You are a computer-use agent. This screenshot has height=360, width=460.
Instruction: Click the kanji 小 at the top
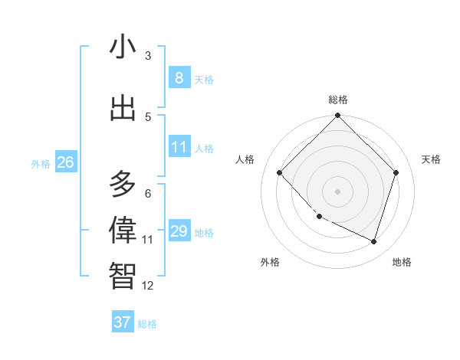123,47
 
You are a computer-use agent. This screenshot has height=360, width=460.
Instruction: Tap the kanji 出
123,108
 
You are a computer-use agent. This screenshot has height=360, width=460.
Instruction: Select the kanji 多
123,185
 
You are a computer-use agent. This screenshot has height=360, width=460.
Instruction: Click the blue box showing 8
179,78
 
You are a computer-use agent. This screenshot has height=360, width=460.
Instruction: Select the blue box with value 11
179,147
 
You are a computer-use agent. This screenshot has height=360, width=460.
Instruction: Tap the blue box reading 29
179,231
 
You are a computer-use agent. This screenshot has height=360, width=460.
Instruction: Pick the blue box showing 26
65,162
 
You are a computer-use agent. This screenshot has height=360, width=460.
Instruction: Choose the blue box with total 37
123,322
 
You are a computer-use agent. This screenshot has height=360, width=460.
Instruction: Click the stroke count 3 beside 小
148,56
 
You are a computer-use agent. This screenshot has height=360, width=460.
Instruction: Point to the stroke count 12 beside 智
148,286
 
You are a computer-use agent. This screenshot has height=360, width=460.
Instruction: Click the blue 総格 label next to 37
147,324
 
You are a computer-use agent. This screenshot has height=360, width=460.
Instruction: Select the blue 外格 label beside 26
41,164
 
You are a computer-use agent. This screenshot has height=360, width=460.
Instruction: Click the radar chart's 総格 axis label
338,100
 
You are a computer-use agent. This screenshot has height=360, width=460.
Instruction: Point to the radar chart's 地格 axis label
402,262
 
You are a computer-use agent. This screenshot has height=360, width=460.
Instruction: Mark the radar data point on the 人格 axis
280,172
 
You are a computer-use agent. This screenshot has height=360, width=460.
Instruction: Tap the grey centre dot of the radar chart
338,191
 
